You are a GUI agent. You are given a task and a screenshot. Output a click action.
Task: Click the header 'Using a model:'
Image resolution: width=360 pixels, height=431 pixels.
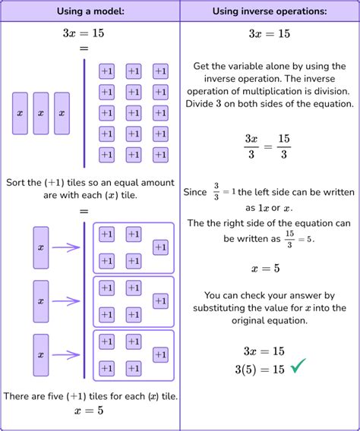tap(90, 11)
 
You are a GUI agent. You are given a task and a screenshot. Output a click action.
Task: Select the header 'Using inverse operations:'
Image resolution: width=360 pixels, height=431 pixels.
tap(270, 11)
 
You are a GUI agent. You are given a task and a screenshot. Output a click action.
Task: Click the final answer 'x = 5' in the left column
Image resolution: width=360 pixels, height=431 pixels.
tap(89, 411)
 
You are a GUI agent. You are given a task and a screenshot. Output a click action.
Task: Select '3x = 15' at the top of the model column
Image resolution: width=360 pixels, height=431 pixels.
tap(89, 34)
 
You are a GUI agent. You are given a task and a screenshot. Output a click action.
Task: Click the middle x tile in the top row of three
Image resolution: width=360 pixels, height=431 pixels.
tap(40, 113)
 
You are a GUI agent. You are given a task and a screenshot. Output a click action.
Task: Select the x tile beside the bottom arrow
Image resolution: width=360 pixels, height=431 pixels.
tap(40, 354)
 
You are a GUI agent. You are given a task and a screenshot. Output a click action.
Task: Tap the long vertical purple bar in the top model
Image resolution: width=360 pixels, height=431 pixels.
tap(84, 113)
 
